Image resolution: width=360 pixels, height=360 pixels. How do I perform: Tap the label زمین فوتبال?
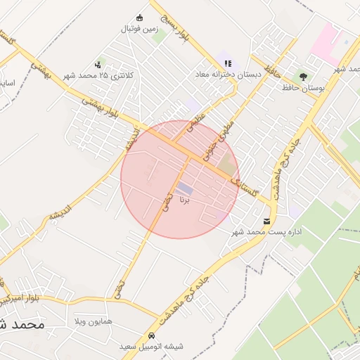(139, 30)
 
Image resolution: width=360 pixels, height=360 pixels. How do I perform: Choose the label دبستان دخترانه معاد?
(228, 74)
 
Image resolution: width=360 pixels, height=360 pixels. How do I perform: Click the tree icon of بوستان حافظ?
(303, 77)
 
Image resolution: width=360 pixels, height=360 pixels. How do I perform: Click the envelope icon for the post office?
(266, 221)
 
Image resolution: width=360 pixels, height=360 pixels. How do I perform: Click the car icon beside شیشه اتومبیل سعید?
(153, 336)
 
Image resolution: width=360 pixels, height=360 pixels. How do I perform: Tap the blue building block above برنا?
(184, 188)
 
